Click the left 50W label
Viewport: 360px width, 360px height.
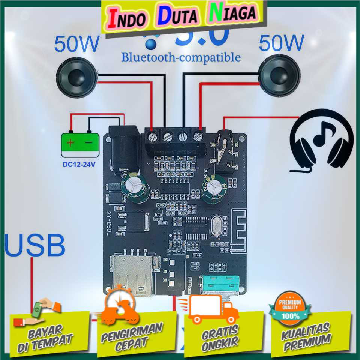pyautogui.click(x=76, y=44)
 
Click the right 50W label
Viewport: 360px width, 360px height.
pyautogui.click(x=281, y=43)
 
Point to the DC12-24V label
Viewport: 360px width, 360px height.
pyautogui.click(x=80, y=164)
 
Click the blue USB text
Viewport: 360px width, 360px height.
pyautogui.click(x=35, y=245)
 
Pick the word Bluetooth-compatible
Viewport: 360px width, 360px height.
pyautogui.click(x=181, y=57)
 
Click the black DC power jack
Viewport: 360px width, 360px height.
pyautogui.click(x=123, y=148)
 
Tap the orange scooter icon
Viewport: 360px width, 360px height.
pyautogui.click(x=120, y=309)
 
